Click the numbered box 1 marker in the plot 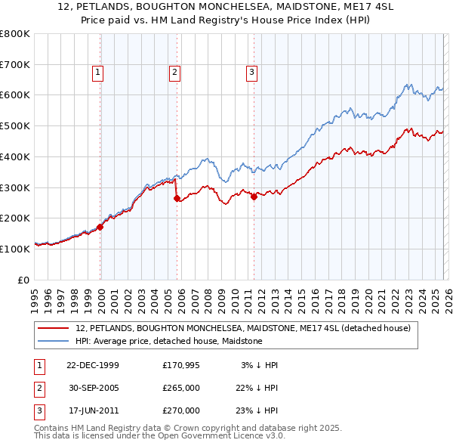tap(99, 73)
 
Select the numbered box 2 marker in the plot tap(174, 73)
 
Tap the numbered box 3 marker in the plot tap(251, 73)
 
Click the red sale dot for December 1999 tap(100, 227)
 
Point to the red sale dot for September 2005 tap(177, 199)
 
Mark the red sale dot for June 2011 tap(254, 197)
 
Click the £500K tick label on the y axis tap(15, 125)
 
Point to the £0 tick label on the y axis tap(24, 280)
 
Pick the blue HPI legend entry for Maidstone tap(168, 342)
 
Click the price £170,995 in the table tap(181, 365)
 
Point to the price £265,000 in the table tap(181, 388)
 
